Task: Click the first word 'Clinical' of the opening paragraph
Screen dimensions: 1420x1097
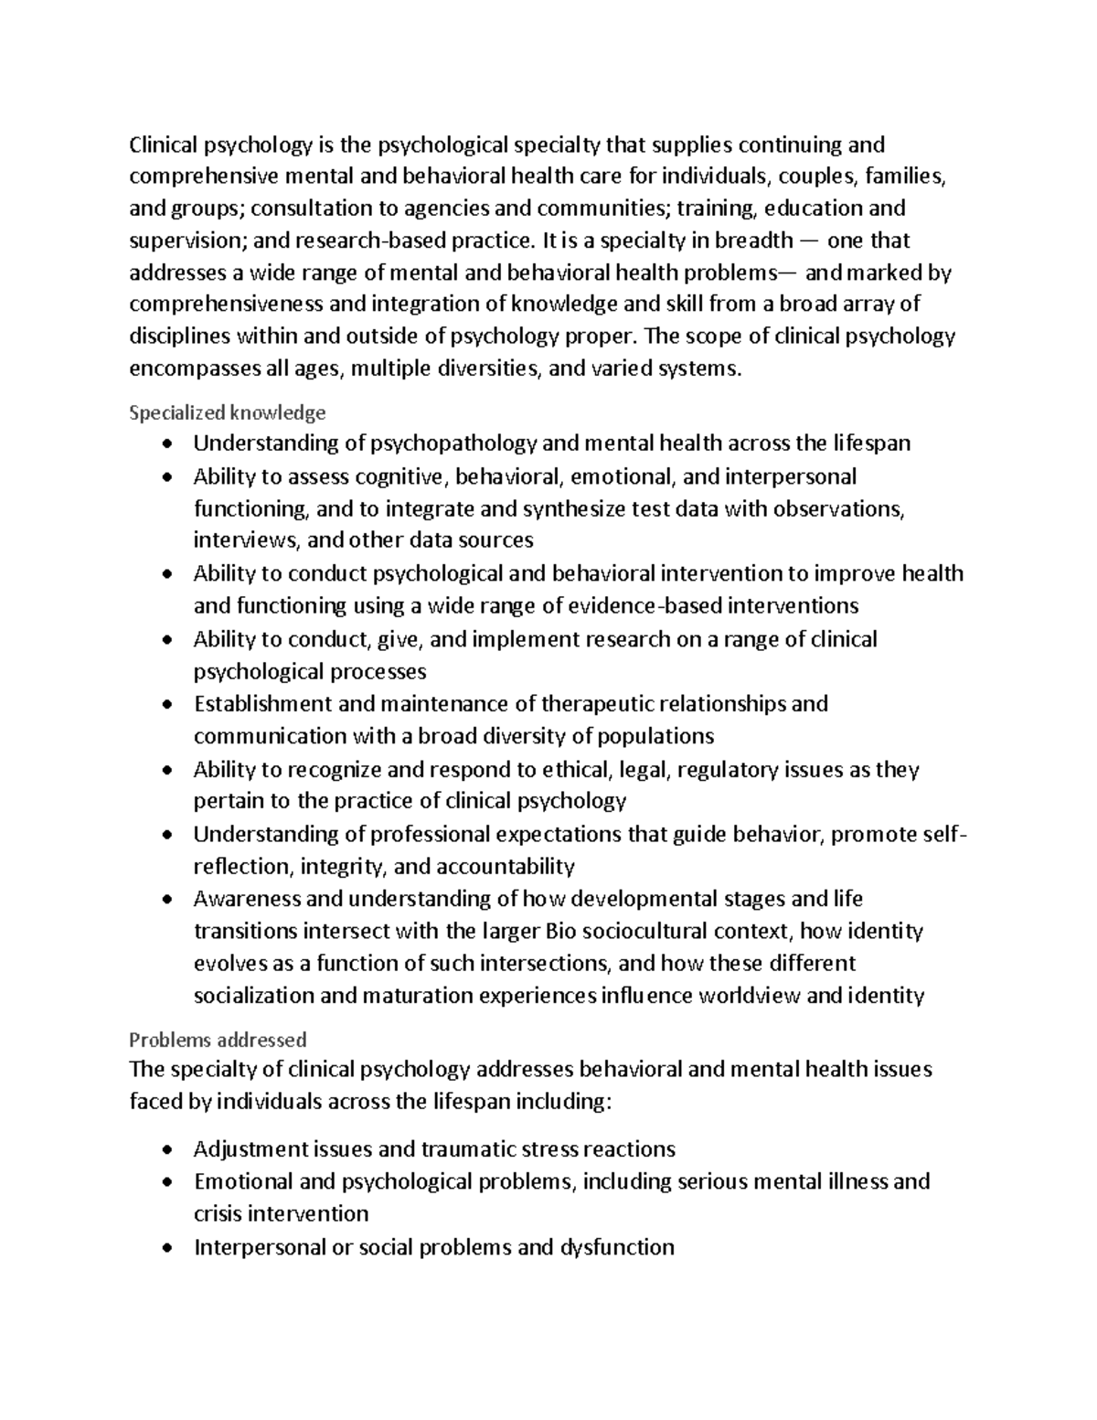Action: pyautogui.click(x=162, y=144)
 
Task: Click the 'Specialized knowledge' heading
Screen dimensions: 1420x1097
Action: pyautogui.click(x=227, y=412)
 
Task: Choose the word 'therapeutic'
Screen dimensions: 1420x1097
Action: pyautogui.click(x=596, y=704)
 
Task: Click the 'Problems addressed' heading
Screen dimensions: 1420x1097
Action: pyautogui.click(x=218, y=1040)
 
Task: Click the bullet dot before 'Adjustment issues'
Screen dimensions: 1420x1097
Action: pyautogui.click(x=165, y=1150)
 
